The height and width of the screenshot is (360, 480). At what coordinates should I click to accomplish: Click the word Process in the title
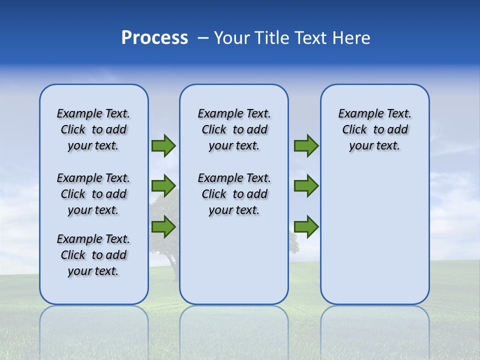point(154,38)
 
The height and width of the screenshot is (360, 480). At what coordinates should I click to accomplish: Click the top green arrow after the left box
point(163,146)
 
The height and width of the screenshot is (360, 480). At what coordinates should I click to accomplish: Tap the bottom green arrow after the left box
point(163,226)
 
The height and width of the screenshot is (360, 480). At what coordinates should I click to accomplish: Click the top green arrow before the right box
point(306,146)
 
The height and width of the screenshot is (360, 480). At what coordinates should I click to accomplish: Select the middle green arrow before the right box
point(306,186)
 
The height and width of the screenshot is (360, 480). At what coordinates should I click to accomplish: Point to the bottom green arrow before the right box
point(306,226)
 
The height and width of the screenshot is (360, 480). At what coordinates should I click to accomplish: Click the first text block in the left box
point(93,129)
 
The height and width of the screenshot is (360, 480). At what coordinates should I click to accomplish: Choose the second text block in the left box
point(93,194)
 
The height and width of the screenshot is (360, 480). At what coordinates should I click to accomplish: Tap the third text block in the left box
point(93,255)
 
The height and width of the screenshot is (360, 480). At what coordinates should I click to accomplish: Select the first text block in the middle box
point(234,129)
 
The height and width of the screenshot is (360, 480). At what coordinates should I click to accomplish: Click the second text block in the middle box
point(234,194)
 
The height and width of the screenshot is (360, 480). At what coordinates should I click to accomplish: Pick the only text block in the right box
point(374,129)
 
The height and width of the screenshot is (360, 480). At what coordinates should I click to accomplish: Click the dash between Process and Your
point(203,38)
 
